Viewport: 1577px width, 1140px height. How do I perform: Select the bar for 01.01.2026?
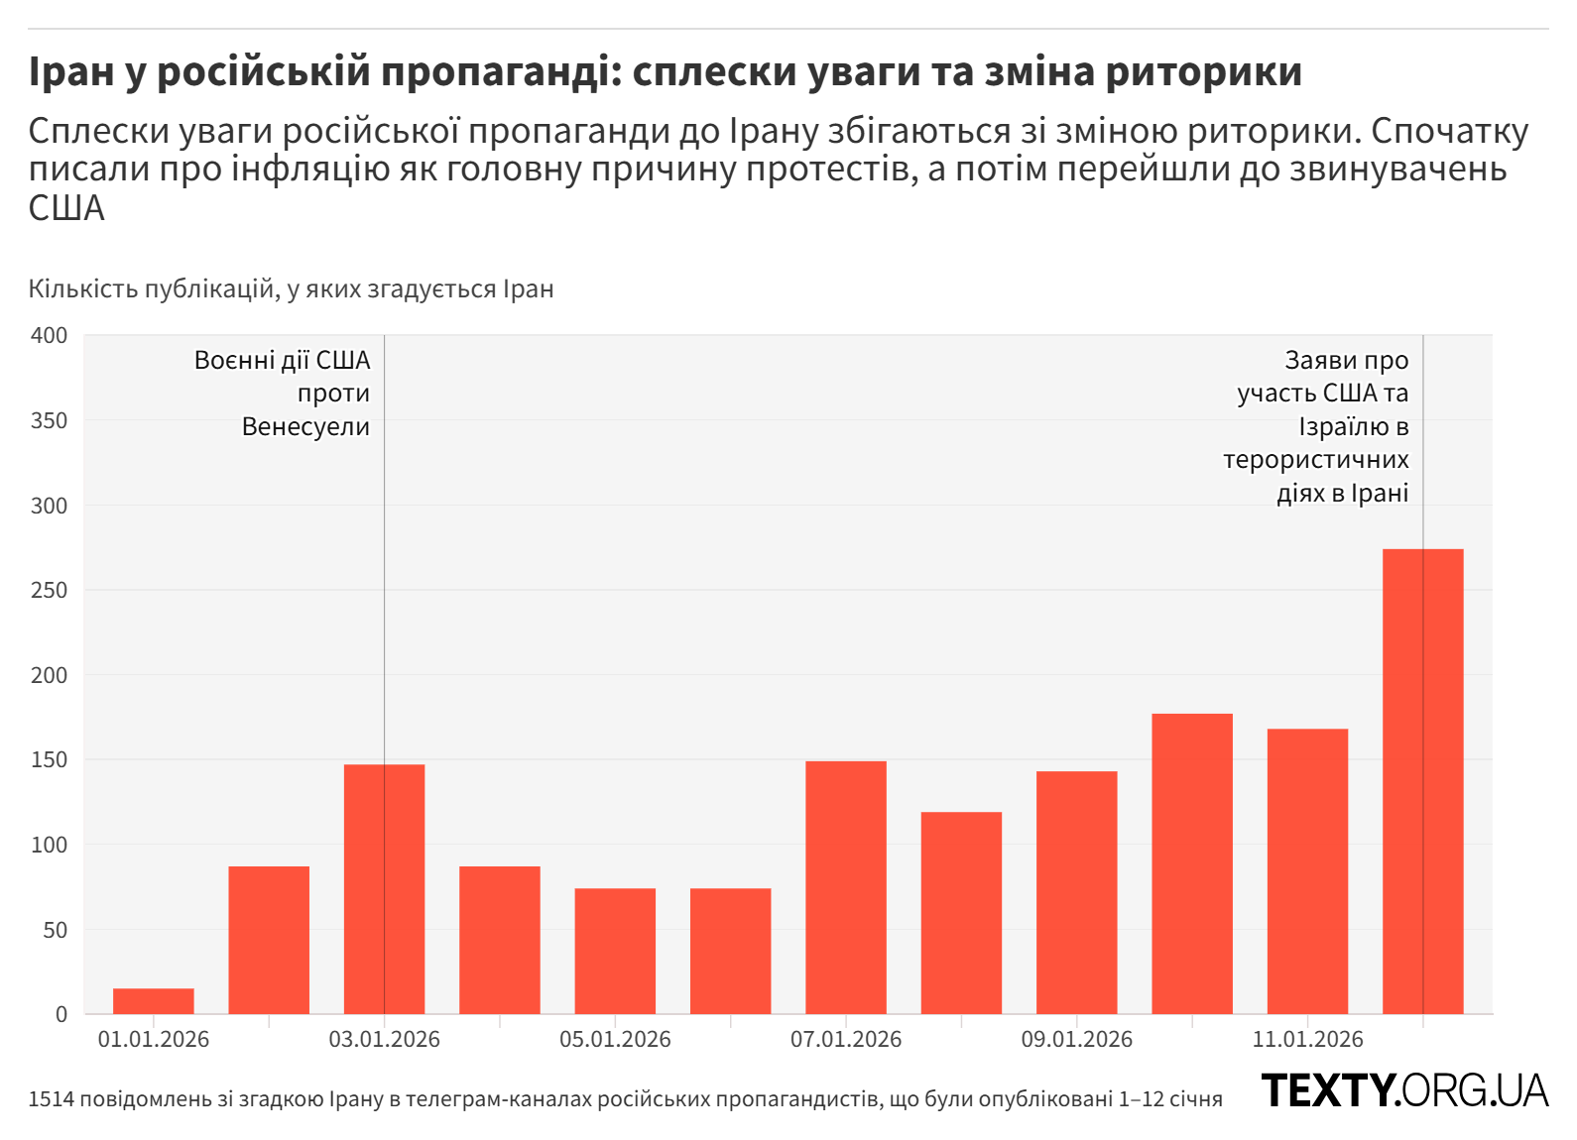click(154, 1001)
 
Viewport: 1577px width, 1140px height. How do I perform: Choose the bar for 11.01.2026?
click(1307, 871)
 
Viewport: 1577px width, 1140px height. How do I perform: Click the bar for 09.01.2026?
click(1076, 892)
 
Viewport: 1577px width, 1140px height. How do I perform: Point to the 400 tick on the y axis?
click(49, 335)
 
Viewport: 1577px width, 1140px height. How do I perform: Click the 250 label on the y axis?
click(49, 590)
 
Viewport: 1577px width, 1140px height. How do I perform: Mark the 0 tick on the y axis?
click(61, 1014)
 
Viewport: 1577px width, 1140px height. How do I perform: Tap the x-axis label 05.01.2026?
click(615, 1040)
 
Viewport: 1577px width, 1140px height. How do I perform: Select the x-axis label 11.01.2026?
click(1307, 1040)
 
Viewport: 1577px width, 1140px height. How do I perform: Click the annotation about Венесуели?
click(283, 394)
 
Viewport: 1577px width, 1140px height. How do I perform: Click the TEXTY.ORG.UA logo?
click(1403, 1090)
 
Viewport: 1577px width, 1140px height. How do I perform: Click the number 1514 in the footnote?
click(49, 1099)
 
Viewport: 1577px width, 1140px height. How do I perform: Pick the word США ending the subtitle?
click(66, 208)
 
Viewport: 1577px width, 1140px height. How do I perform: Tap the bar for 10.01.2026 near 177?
click(1191, 863)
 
